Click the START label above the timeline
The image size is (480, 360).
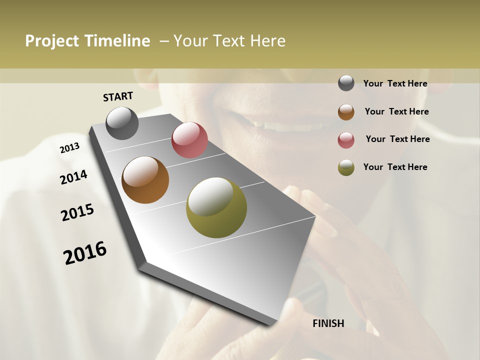[118, 96]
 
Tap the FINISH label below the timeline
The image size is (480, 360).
[328, 323]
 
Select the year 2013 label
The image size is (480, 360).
[69, 148]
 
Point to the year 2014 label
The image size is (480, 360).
[73, 177]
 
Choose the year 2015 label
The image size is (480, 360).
[77, 212]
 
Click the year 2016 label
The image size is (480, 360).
[85, 253]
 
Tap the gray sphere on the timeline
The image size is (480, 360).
[122, 123]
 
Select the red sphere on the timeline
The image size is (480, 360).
[189, 140]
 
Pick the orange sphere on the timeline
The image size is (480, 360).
[145, 180]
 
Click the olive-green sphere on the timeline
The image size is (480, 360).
[216, 207]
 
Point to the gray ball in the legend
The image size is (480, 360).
[346, 83]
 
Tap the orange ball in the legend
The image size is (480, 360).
[346, 111]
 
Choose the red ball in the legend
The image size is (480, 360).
[346, 139]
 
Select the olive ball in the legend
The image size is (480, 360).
[346, 167]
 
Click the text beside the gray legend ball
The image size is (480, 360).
[395, 83]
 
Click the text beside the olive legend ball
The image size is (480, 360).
[395, 167]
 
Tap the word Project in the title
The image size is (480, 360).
[52, 41]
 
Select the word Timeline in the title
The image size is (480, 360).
[116, 41]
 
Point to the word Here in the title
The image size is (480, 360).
[267, 41]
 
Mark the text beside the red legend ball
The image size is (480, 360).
[397, 139]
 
